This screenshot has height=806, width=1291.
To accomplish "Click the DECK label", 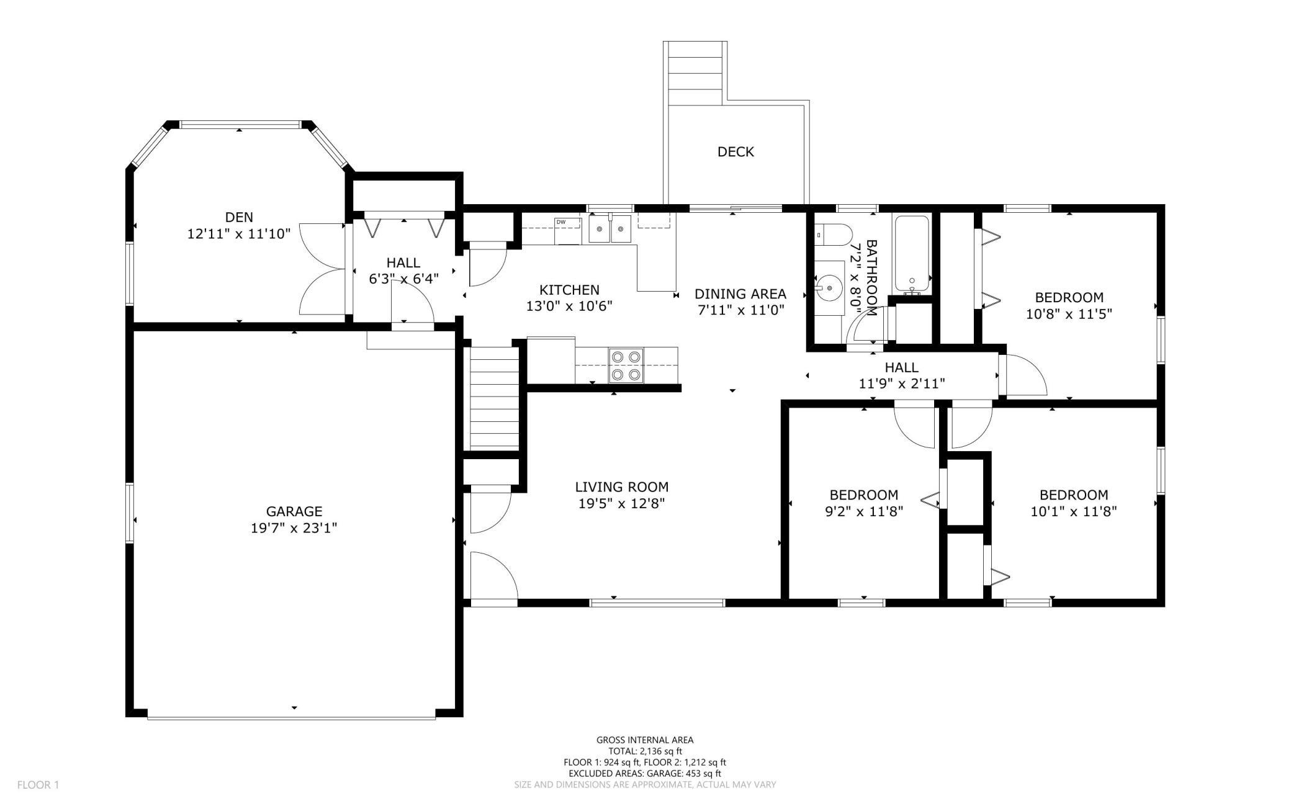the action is coord(735,152).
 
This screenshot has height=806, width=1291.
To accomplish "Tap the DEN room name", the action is coord(239,217).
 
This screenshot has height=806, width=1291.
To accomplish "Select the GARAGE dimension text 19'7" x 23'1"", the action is coord(294,528).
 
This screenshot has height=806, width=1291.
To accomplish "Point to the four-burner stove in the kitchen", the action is coord(626,365).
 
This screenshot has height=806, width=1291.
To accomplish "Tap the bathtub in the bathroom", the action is coord(912,254).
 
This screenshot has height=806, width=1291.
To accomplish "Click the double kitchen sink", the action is coord(610,229).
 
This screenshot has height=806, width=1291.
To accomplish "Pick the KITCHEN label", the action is coord(569,290).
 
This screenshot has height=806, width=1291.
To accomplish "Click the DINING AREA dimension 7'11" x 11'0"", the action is coord(740,310).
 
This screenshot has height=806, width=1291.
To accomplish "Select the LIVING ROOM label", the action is coord(621,487).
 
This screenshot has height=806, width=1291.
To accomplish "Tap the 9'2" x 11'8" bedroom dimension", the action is coord(864,512).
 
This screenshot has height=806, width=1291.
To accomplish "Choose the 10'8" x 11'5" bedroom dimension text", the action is coord(1069,314).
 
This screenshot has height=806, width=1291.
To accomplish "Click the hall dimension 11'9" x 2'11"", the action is coord(902,384).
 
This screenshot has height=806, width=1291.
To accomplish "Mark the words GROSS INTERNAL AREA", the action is coord(645,740).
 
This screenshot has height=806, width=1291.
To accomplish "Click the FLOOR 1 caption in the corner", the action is coord(38,785).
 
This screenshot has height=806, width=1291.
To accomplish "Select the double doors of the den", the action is coord(323,270).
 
